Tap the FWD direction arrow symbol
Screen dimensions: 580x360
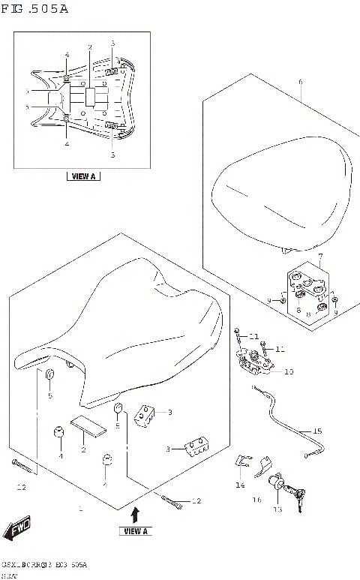(x=18, y=529)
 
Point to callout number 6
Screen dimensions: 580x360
(x=300, y=82)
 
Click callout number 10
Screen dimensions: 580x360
(x=289, y=371)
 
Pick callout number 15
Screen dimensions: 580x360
(x=317, y=431)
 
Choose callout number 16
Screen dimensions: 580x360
(x=256, y=499)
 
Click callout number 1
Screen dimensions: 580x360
(x=80, y=508)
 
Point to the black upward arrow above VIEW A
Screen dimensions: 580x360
(x=135, y=515)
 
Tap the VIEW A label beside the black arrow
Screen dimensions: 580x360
(x=135, y=531)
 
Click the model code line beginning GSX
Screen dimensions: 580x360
(x=45, y=563)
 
